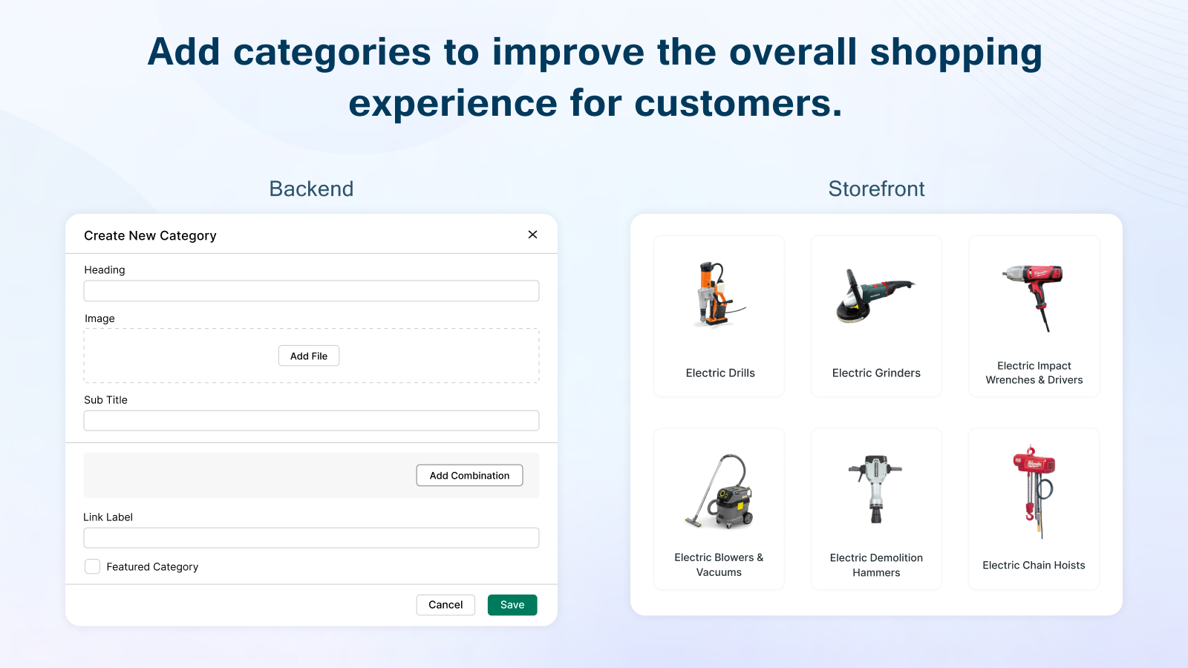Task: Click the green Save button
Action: tap(512, 605)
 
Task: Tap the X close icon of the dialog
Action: tap(533, 235)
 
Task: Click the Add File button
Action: tap(309, 356)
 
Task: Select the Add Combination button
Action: tap(469, 476)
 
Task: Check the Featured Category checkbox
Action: tap(92, 567)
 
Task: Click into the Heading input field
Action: tap(311, 291)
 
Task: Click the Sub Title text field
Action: tap(311, 421)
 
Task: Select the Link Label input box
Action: tap(311, 538)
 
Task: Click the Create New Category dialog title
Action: tap(150, 235)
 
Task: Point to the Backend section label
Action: tap(311, 189)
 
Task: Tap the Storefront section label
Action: tap(876, 189)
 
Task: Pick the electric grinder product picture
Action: tap(874, 296)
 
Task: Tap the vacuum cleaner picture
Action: tap(719, 491)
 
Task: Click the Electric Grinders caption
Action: tap(876, 373)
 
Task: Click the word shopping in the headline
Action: tap(956, 53)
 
